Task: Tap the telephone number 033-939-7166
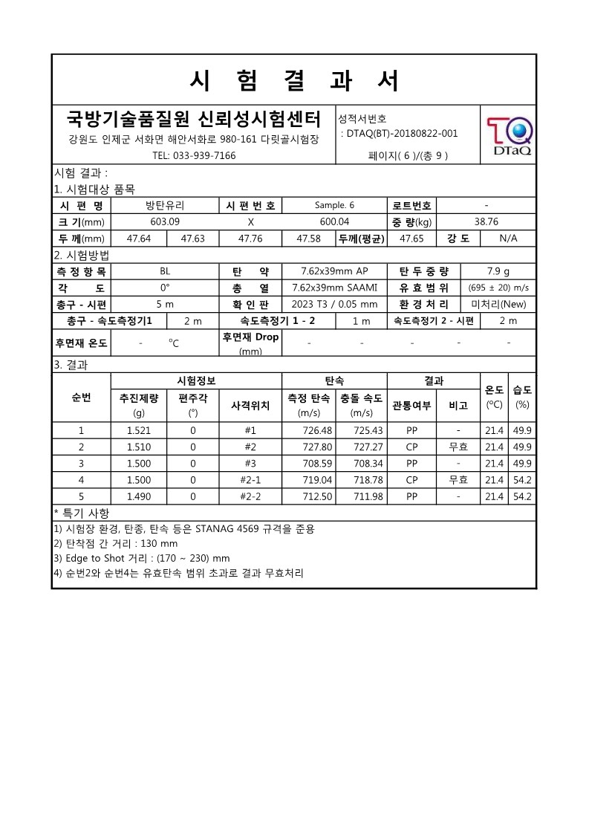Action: click(x=194, y=156)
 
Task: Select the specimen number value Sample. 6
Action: click(x=334, y=206)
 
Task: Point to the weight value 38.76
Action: click(x=486, y=221)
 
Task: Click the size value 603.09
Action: click(x=165, y=221)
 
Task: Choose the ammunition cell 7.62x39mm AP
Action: click(x=334, y=271)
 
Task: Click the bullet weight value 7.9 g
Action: click(x=498, y=271)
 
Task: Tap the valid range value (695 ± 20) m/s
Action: click(x=498, y=288)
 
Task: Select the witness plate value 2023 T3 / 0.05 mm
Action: click(x=334, y=304)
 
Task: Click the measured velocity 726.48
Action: click(x=308, y=431)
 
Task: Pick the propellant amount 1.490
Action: click(x=139, y=496)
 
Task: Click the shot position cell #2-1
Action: click(x=250, y=480)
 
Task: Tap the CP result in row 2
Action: click(x=412, y=447)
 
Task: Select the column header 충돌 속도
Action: click(x=362, y=399)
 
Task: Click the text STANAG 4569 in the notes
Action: click(x=226, y=529)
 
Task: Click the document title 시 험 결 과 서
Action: click(x=294, y=80)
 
